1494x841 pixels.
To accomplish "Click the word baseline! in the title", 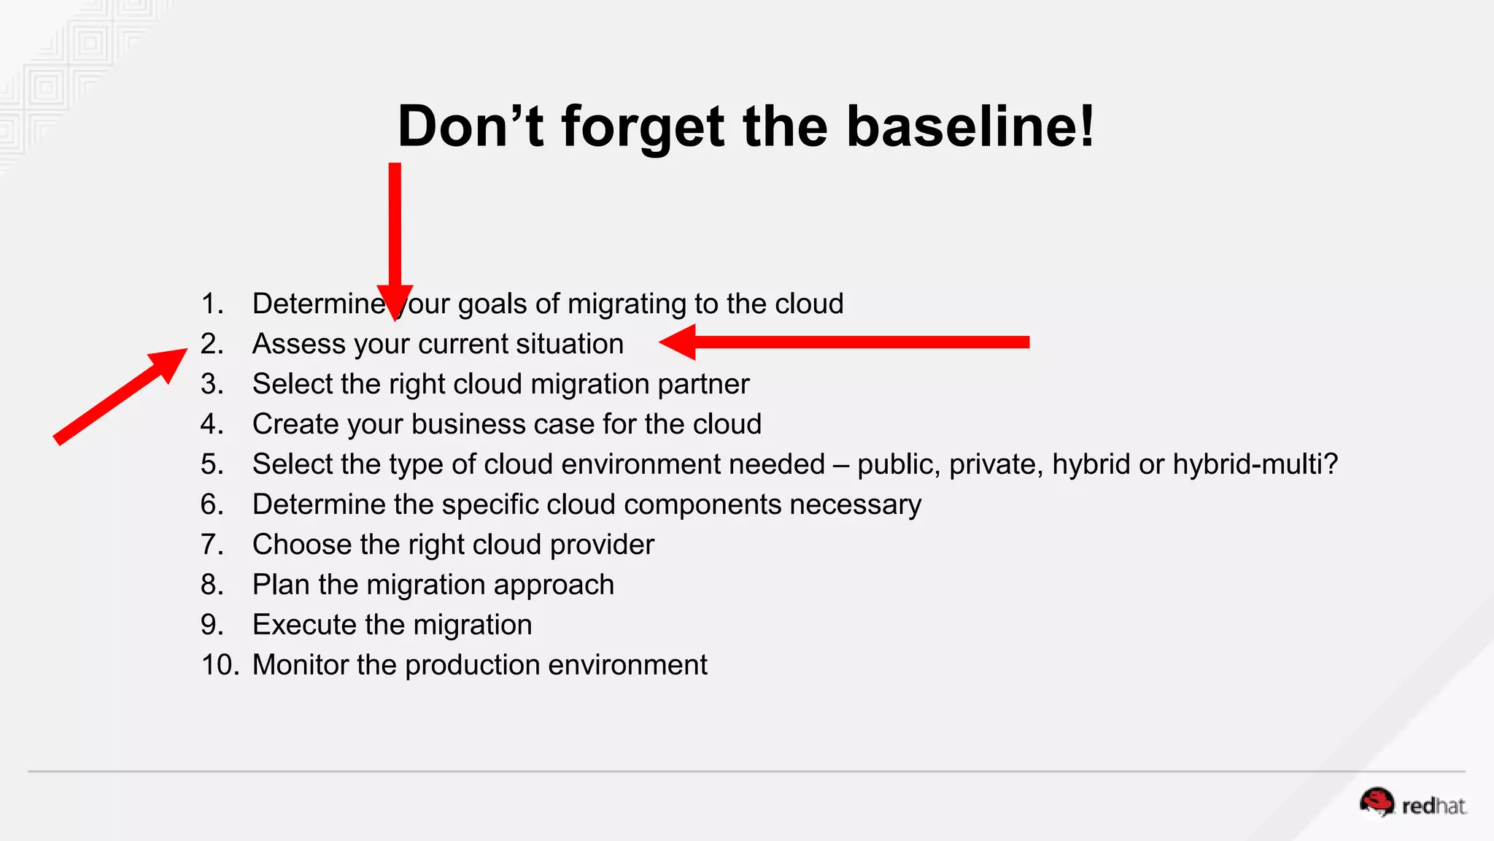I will (x=970, y=126).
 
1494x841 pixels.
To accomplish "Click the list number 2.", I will (x=212, y=344).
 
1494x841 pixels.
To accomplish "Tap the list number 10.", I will (x=220, y=665).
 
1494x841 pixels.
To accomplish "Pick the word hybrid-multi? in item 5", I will (x=1255, y=464).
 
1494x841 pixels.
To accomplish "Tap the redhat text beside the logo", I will (x=1433, y=806).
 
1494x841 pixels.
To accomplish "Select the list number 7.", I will (x=212, y=545).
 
